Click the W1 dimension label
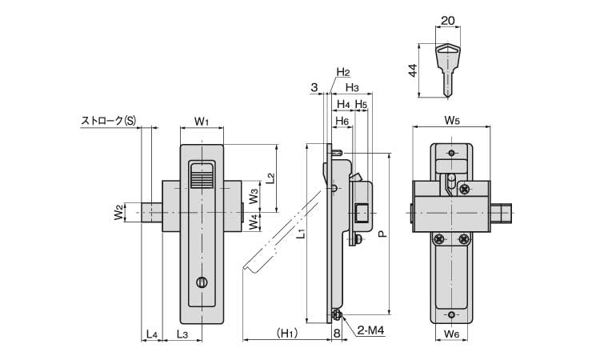[x=202, y=122]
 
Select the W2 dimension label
[x=118, y=212]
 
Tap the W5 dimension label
[x=452, y=122]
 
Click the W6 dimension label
[x=452, y=334]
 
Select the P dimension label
[x=382, y=235]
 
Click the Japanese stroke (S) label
[x=108, y=121]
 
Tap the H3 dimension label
[x=351, y=87]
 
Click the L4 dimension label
[x=151, y=334]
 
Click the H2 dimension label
[x=342, y=72]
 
